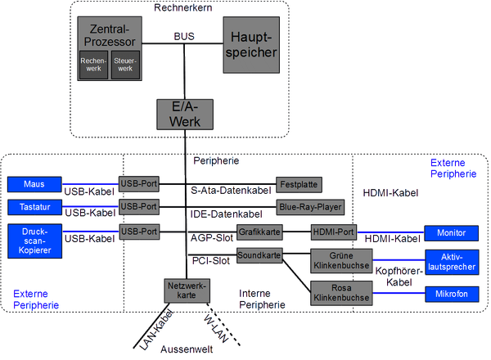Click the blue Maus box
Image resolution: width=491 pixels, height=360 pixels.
(34, 183)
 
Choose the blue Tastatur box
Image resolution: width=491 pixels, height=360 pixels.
(34, 207)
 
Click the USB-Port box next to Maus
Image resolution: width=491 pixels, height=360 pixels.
(138, 183)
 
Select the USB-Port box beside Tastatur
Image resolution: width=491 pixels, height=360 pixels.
(138, 206)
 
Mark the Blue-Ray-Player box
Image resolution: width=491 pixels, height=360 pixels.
(310, 206)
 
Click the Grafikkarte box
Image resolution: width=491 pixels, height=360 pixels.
(260, 232)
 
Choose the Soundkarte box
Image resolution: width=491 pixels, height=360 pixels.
(260, 256)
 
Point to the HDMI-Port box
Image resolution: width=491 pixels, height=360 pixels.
(332, 232)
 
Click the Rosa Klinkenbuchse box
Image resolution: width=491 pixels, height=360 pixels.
(340, 292)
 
